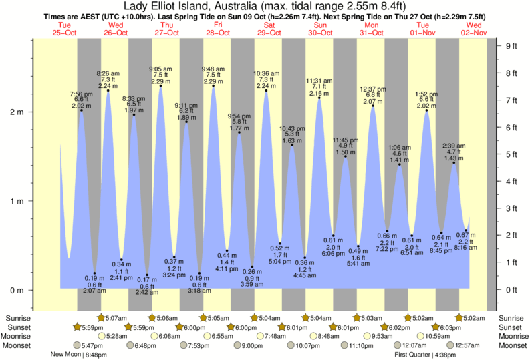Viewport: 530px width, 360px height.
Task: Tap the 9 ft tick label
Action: [x=512, y=46]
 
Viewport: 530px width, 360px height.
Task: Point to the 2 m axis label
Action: [x=16, y=112]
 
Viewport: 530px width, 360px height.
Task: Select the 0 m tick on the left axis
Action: [x=16, y=290]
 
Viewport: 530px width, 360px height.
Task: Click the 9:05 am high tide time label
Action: [x=160, y=69]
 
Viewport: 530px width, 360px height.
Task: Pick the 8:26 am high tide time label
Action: [x=108, y=73]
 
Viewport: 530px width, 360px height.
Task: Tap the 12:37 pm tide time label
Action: [x=372, y=89]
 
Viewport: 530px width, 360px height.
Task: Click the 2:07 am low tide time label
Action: [x=94, y=291]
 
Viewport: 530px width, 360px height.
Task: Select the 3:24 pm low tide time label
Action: [x=174, y=275]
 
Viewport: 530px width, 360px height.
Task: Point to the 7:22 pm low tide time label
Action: [x=388, y=248]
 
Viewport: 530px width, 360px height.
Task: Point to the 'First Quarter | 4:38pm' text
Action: [x=424, y=355]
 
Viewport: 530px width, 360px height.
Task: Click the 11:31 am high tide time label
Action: [x=320, y=81]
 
